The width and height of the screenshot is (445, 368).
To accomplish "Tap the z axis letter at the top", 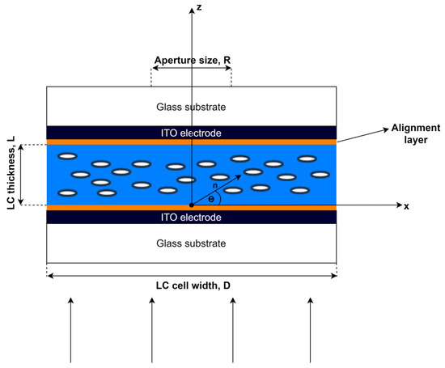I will [x=199, y=8].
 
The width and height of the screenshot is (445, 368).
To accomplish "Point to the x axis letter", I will [x=406, y=206].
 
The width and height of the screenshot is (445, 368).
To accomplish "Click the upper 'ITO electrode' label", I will [x=191, y=133].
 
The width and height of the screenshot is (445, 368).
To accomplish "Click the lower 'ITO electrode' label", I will [x=191, y=218].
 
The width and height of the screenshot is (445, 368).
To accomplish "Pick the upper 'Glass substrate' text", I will [x=191, y=107].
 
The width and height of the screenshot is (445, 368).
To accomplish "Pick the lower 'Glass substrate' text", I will [x=191, y=243].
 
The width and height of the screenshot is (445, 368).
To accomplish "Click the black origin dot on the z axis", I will [x=191, y=205].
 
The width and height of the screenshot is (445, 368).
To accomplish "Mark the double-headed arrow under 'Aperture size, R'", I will [x=191, y=70].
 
